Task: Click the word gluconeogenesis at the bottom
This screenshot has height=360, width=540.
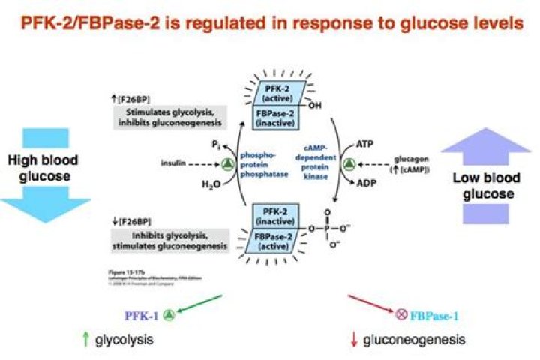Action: (x=418, y=340)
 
